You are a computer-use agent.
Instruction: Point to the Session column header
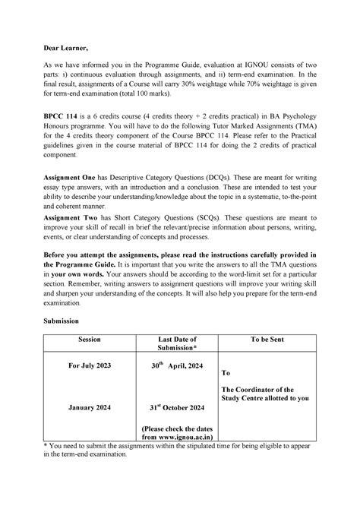pos(90,339)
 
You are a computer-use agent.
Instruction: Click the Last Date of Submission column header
pos(176,343)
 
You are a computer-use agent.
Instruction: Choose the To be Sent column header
pos(267,339)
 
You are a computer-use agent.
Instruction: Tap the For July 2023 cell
pos(90,365)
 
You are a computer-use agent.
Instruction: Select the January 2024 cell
pos(90,407)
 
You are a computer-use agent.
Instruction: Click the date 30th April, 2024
pos(176,365)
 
